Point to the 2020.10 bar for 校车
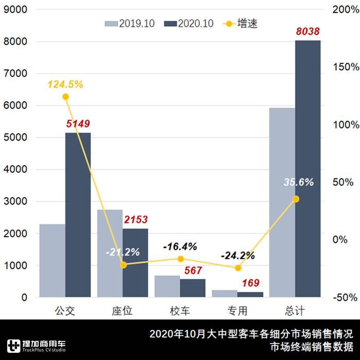(192, 288)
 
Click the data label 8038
(308, 32)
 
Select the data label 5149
(78, 124)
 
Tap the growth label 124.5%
(65, 84)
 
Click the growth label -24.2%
(238, 256)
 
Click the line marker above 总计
(296, 199)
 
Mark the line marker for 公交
(65, 97)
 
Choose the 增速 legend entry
(241, 24)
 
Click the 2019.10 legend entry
(127, 24)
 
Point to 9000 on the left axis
(17, 10)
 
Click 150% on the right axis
(344, 67)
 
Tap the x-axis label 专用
(238, 311)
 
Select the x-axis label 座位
(122, 311)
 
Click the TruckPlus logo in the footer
(36, 345)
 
